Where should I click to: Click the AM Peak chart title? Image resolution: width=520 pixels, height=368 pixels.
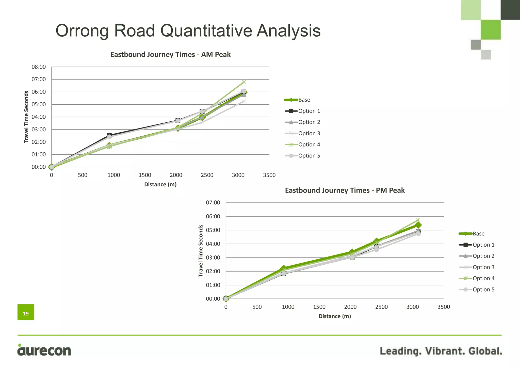point(170,55)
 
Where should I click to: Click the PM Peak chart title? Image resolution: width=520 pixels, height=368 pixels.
point(345,190)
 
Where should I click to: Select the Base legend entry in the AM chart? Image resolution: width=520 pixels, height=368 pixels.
point(304,100)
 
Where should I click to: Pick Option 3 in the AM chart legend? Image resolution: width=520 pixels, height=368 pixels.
point(309,133)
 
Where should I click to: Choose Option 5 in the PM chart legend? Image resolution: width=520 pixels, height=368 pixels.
point(483,290)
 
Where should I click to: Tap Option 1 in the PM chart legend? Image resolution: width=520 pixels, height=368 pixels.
point(483,245)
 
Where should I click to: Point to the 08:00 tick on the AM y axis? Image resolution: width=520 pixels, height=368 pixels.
point(39,67)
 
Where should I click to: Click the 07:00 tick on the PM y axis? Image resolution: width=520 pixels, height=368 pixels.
point(213,203)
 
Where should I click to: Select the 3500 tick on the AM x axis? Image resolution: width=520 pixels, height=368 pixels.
point(269,175)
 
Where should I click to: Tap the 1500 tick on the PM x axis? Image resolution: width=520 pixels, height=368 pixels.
point(319,307)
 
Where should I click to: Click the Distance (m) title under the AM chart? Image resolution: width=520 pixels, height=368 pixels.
point(160,185)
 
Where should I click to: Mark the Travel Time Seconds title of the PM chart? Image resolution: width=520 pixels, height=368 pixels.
point(201,251)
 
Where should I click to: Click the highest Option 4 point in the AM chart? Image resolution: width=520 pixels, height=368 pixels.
point(244,82)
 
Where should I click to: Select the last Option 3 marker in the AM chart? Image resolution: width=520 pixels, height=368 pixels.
point(244,101)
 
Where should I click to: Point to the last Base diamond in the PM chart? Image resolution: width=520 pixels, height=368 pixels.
point(418,225)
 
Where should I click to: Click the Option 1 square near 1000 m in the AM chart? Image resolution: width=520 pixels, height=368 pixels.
point(109,135)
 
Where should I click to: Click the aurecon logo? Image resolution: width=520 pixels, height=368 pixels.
point(44,350)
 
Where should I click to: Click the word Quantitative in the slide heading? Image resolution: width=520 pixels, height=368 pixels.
point(206,31)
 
